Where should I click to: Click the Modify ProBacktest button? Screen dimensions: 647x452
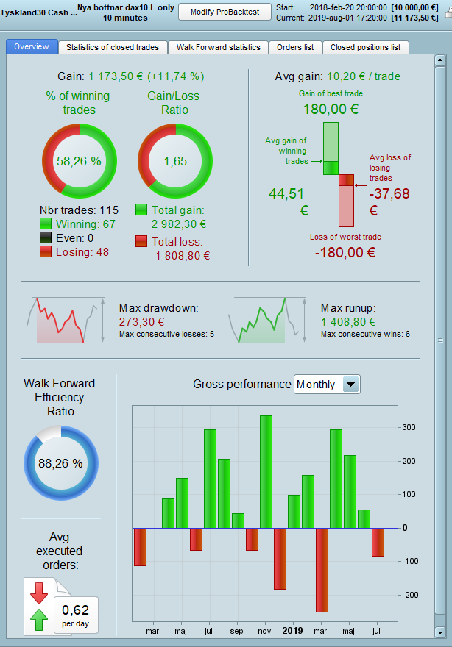[225, 12]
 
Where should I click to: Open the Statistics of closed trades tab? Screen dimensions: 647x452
[112, 47]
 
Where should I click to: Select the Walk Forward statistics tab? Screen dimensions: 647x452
[218, 47]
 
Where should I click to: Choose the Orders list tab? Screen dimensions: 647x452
[294, 47]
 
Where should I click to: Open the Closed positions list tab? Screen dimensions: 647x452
[365, 47]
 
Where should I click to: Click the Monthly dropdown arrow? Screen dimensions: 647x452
[351, 385]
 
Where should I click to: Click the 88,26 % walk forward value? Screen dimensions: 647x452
[60, 464]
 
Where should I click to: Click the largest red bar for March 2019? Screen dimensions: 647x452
[322, 570]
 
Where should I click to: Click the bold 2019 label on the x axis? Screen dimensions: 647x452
[293, 631]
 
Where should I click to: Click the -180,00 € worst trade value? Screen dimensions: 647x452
[345, 252]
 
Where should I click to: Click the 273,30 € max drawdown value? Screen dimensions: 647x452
[141, 322]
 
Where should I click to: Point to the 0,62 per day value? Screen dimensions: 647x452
[75, 610]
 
